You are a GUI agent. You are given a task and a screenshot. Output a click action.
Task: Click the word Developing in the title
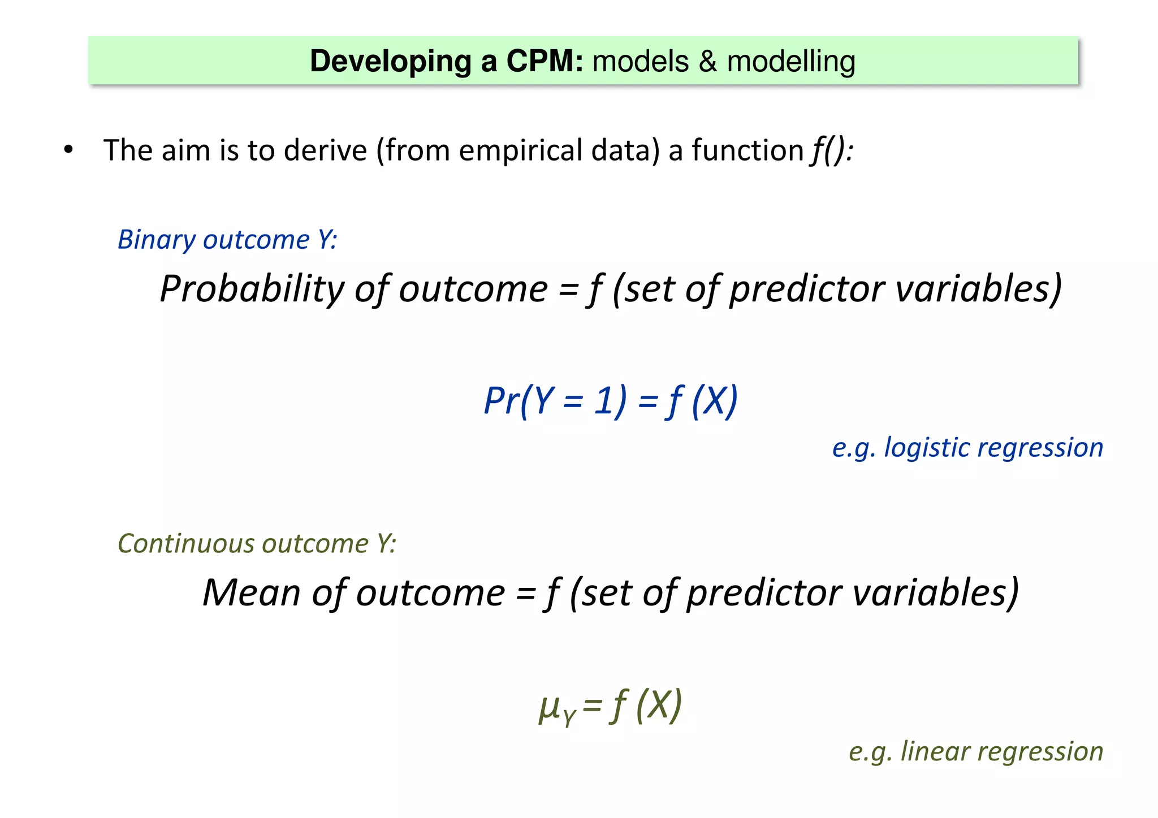390,62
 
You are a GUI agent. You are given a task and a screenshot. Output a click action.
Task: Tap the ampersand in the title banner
708,62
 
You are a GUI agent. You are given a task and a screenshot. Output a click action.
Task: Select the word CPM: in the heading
545,61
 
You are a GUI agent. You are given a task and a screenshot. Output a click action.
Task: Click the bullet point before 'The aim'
68,150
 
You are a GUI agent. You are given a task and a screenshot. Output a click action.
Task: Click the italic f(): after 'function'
832,151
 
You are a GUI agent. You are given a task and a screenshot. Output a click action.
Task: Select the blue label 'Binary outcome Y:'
227,240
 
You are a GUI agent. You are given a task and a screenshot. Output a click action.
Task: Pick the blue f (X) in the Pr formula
702,401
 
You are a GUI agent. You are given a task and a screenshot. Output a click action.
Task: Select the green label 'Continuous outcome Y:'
257,544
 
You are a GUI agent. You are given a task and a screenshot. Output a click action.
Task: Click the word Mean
251,593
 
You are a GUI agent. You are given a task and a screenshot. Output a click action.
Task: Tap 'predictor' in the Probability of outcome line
806,289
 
